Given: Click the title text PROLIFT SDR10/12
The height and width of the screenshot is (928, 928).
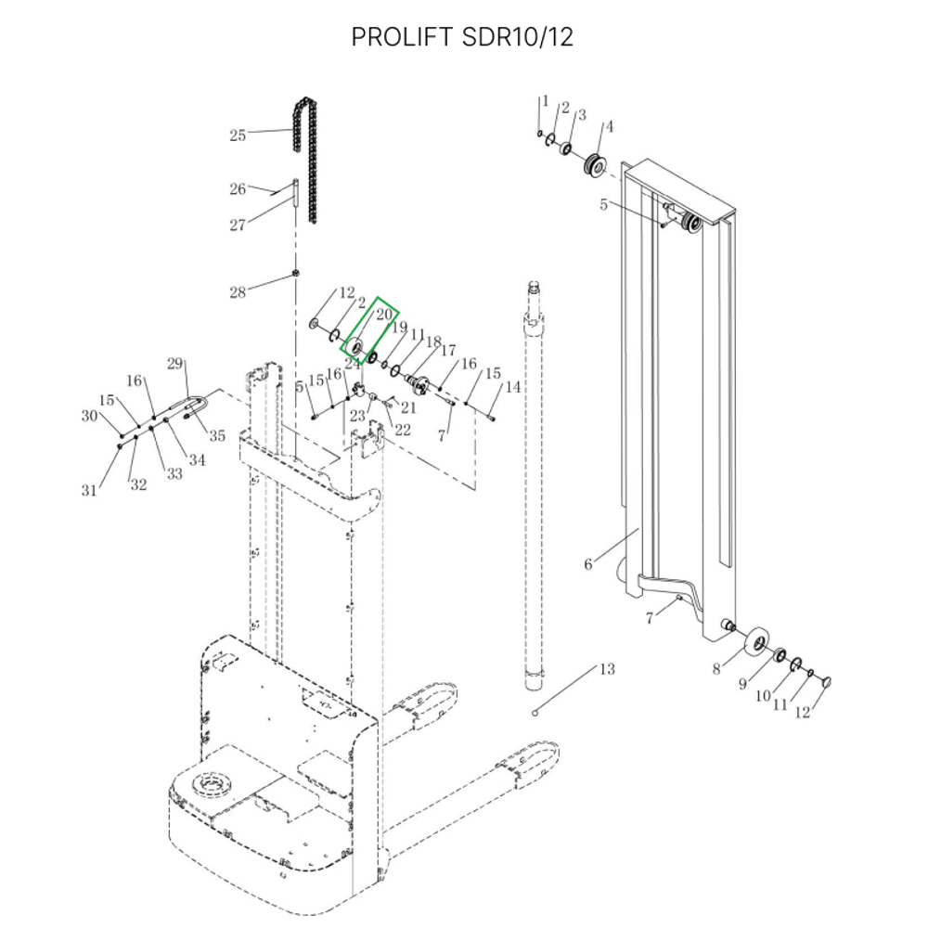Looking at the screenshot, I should (462, 37).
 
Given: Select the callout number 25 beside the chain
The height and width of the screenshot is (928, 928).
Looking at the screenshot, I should (238, 135).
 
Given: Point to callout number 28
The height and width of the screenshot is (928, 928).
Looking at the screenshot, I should (238, 293).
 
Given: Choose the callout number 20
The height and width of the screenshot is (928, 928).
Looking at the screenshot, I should (384, 316).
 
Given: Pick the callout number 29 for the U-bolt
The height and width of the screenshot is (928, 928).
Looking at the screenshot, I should (176, 364).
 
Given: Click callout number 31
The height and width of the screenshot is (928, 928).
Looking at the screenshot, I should (89, 490).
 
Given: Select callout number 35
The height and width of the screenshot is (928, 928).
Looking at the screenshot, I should (217, 436).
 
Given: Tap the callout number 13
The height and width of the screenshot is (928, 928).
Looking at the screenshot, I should (606, 669).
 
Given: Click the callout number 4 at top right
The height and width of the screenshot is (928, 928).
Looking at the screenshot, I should (609, 126).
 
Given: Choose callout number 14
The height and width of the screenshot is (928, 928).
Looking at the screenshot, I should (513, 386).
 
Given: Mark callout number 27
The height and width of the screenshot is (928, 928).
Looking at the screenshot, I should (238, 225).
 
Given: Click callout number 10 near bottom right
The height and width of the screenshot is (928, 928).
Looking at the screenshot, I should (762, 696).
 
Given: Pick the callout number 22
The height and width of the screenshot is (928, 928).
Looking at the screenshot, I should (403, 429).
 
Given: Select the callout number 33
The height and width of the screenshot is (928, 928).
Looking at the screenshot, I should (174, 473).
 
